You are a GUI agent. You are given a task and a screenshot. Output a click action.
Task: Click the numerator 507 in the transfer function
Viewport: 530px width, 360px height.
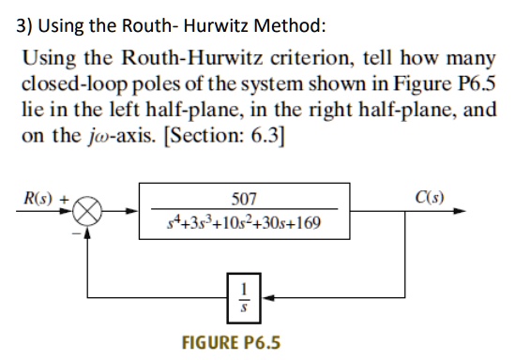pyautogui.click(x=243, y=199)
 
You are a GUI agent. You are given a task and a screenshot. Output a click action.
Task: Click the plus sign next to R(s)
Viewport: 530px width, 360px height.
pyautogui.click(x=64, y=198)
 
